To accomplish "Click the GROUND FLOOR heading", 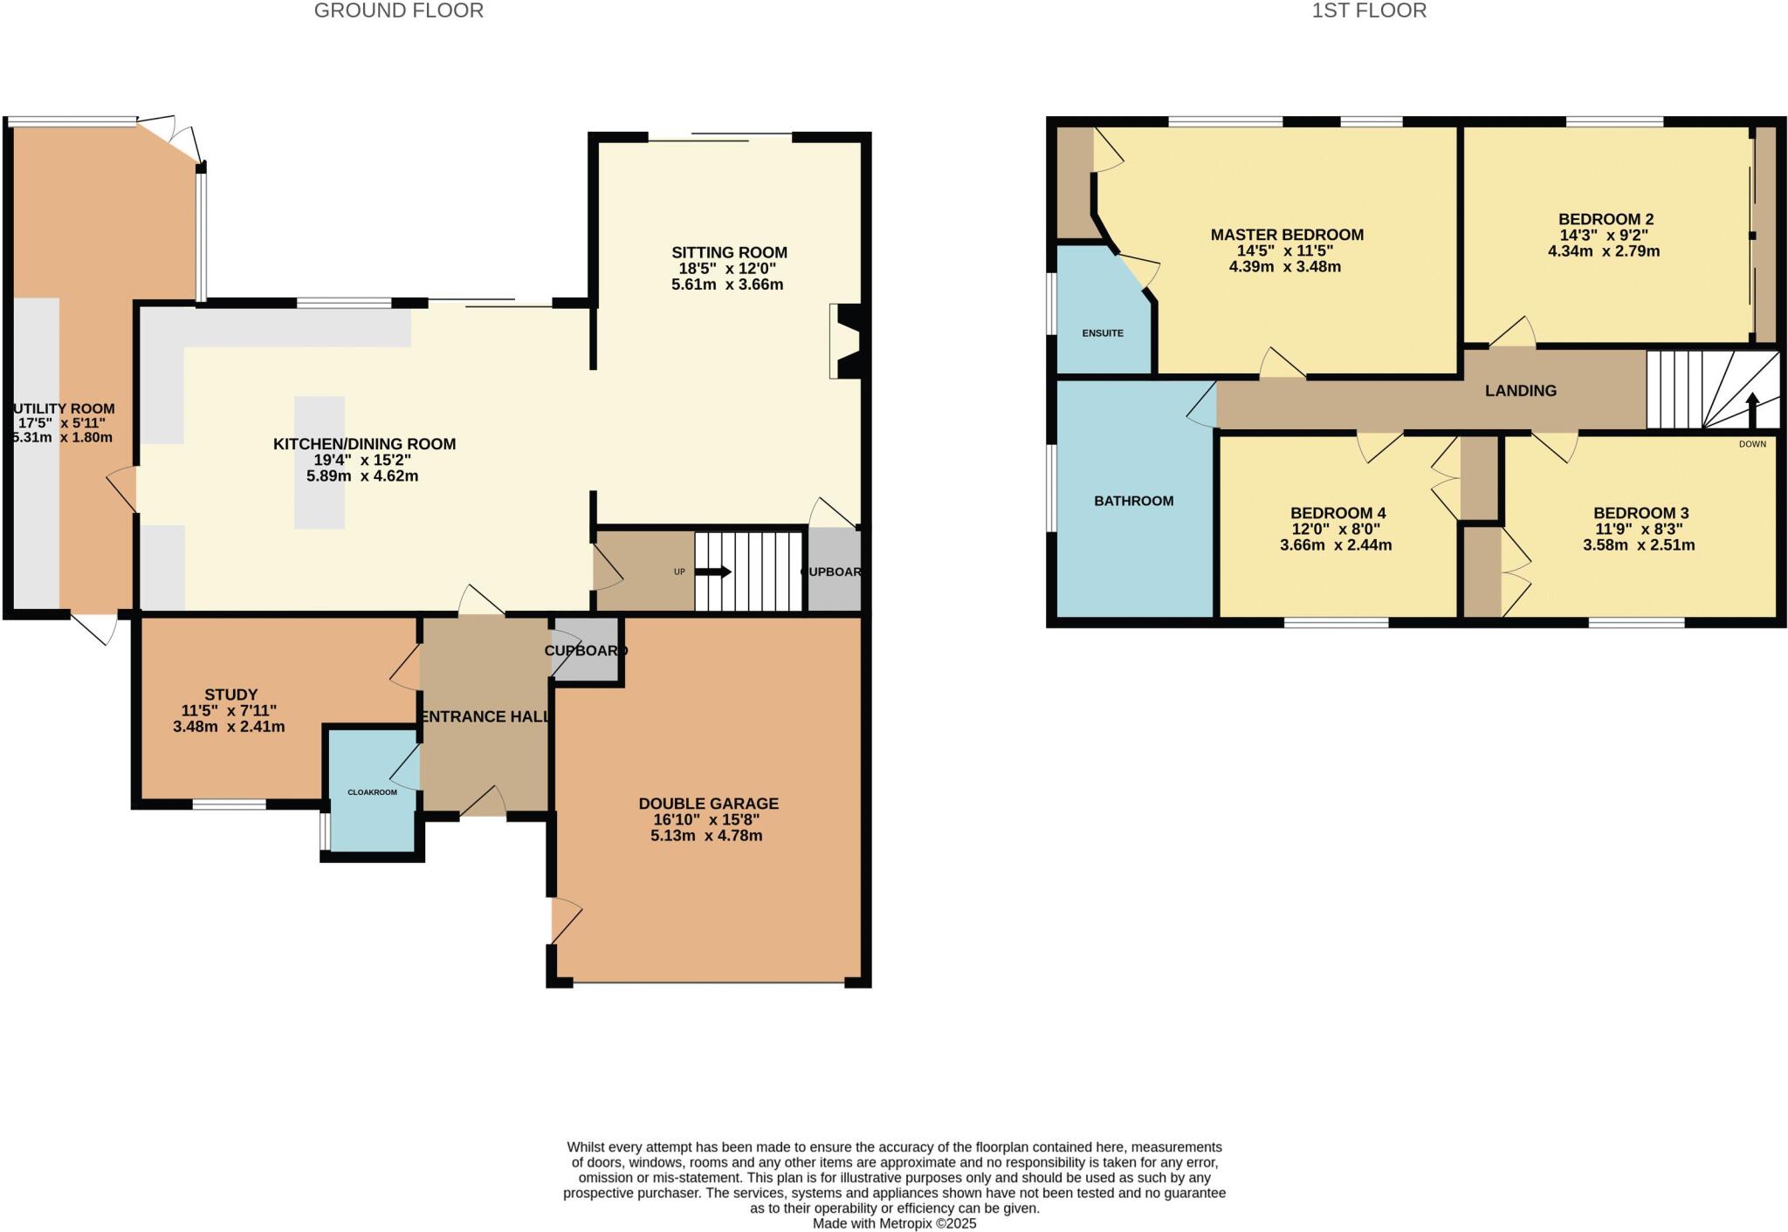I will [x=398, y=11].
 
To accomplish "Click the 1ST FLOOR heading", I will [x=1369, y=11].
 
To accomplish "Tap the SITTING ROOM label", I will [x=729, y=253].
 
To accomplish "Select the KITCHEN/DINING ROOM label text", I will [x=364, y=444].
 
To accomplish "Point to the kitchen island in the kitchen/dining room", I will [x=319, y=462].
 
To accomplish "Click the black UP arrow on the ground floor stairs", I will [x=713, y=572].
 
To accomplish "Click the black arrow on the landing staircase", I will [x=1751, y=409].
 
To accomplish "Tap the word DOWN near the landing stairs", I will [x=1751, y=444].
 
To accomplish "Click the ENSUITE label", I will [x=1103, y=333].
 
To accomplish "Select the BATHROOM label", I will [x=1133, y=501].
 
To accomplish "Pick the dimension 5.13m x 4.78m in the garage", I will [x=706, y=836].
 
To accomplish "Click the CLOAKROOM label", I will [x=372, y=792].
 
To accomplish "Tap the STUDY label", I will [x=231, y=695].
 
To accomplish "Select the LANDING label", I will [x=1520, y=391].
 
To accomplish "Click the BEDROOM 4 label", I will [x=1338, y=513].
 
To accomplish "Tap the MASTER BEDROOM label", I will [x=1286, y=235].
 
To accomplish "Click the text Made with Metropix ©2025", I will [x=894, y=1223].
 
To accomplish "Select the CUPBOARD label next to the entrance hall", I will [x=586, y=651].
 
